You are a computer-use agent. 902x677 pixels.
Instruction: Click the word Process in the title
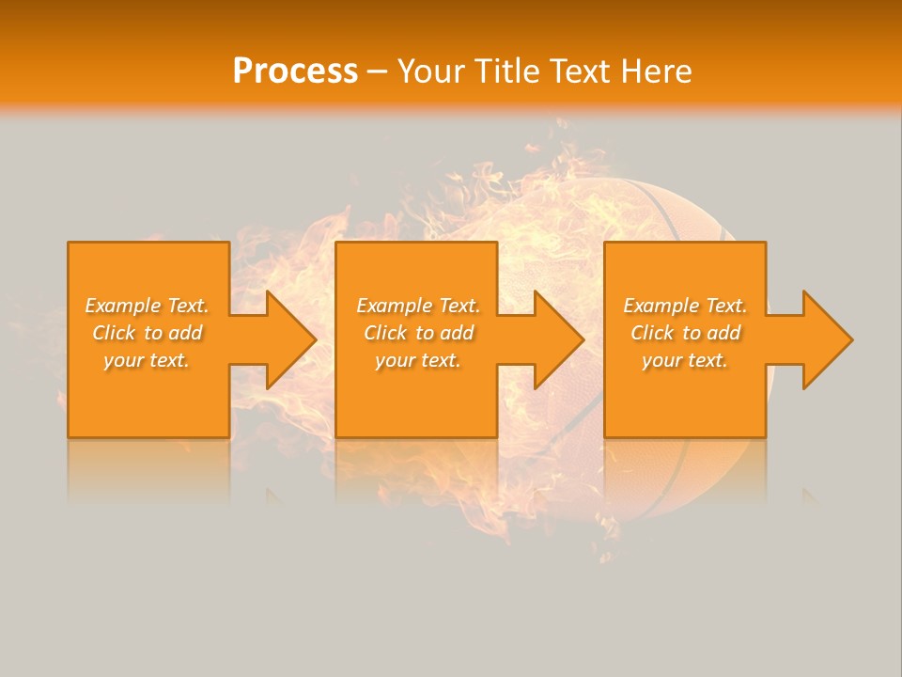click(x=295, y=71)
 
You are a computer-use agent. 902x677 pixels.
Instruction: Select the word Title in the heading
click(x=506, y=71)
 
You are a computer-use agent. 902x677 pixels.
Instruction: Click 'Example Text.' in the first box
click(x=147, y=306)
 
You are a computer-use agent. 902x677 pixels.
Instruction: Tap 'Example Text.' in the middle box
click(x=418, y=306)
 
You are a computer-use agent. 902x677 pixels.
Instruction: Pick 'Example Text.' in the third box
click(x=685, y=306)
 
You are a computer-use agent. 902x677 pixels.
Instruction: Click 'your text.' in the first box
click(x=147, y=360)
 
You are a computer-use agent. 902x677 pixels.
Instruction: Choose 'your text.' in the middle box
click(x=418, y=360)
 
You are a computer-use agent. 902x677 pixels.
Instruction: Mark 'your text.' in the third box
click(x=685, y=360)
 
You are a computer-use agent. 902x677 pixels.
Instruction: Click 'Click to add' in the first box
click(x=147, y=333)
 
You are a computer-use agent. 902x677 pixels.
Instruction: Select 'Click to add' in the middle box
click(x=418, y=333)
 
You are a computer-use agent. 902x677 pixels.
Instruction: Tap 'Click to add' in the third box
click(x=685, y=333)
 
